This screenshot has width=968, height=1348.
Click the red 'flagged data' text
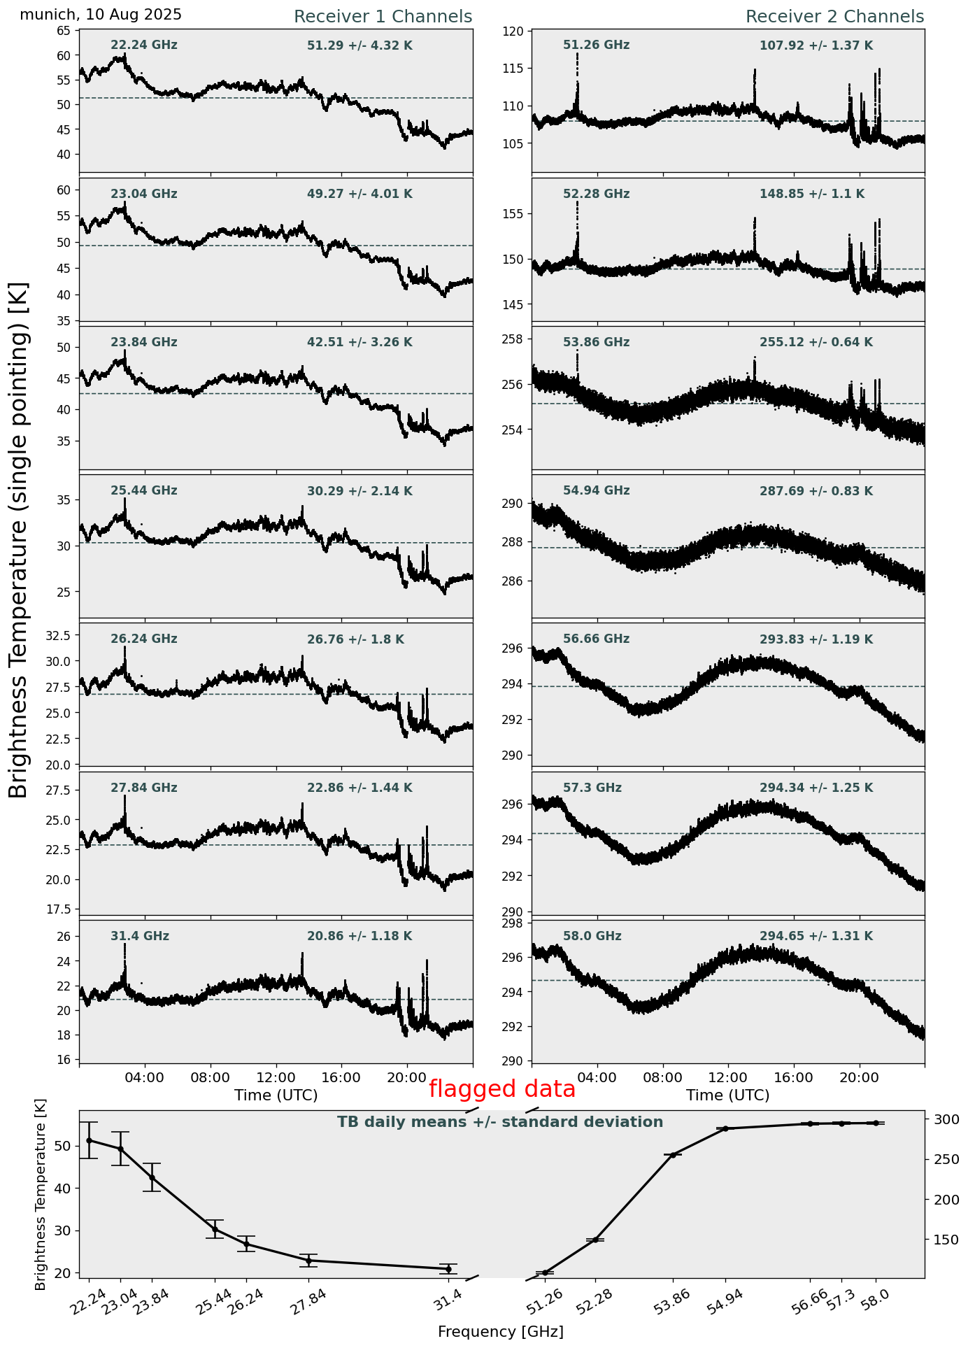coord(501,1089)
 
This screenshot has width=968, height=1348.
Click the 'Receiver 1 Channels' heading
coord(383,17)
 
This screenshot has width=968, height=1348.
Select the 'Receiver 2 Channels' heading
coord(834,17)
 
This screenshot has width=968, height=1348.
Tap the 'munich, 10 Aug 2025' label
coord(101,15)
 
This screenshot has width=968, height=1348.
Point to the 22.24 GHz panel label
coord(144,45)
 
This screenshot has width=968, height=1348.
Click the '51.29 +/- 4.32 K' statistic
coord(360,46)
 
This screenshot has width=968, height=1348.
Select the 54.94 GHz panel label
coord(596,491)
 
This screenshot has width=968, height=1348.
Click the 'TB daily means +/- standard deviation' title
coord(500,1122)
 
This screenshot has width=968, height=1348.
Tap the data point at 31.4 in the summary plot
coord(448,1269)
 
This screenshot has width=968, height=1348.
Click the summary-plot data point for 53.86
coord(673,1155)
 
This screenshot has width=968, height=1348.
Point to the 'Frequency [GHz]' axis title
coord(500,1332)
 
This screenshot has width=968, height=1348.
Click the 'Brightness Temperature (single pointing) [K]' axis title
coord(19,540)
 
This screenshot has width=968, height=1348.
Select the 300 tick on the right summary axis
coord(941,1120)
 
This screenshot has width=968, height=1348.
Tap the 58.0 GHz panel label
coord(592,937)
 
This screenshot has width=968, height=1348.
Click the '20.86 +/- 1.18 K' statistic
coord(360,937)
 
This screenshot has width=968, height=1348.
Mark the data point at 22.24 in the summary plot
coord(89,1140)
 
